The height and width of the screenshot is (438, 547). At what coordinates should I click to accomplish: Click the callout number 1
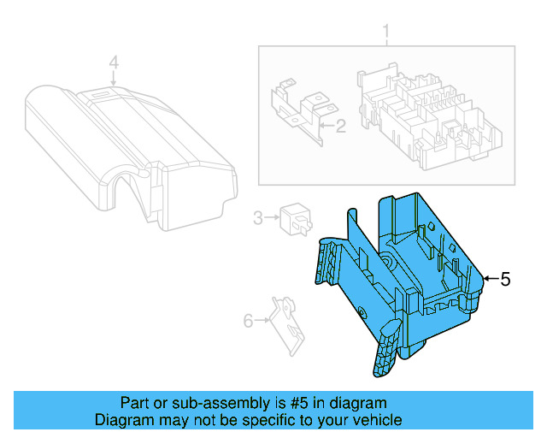click(x=385, y=34)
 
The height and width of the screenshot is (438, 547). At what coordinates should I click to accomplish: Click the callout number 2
click(x=339, y=127)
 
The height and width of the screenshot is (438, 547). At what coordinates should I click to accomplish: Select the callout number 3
click(x=257, y=219)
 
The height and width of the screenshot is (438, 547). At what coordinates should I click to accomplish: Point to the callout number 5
click(x=505, y=279)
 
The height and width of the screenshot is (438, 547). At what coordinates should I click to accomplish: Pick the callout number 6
click(x=249, y=321)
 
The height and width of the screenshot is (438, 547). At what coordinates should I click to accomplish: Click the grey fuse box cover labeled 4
click(x=128, y=145)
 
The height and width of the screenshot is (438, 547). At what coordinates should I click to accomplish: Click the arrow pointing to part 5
click(x=490, y=279)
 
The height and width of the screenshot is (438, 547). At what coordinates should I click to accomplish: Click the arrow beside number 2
click(x=326, y=127)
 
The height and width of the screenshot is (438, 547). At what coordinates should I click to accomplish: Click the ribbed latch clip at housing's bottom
click(x=386, y=351)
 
